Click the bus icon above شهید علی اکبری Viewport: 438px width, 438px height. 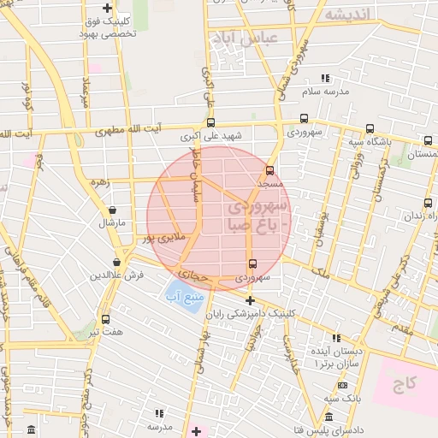point(210,122)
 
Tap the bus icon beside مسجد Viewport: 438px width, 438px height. point(269,170)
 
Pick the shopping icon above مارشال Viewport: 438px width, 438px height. point(111,210)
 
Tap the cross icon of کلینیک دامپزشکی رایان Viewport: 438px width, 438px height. point(250,300)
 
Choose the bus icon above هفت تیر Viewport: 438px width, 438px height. point(105,319)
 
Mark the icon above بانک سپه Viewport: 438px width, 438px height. point(343,386)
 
